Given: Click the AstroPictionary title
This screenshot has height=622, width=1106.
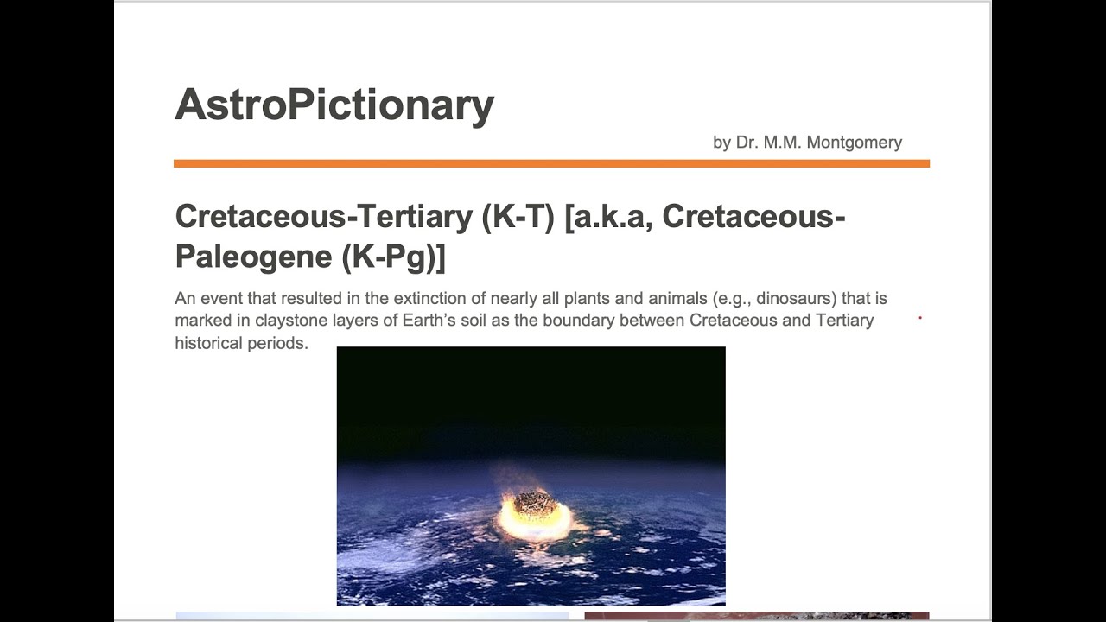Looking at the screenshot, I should [x=334, y=105].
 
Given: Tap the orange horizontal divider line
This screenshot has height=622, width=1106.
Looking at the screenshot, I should [x=551, y=163].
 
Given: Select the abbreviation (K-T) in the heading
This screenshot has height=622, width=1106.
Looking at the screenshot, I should [x=518, y=216].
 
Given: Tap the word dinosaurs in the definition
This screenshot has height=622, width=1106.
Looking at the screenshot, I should [x=781, y=299].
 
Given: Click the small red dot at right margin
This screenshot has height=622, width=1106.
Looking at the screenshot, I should [x=920, y=318].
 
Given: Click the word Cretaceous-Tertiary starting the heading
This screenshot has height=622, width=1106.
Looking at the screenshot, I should [x=324, y=216].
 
